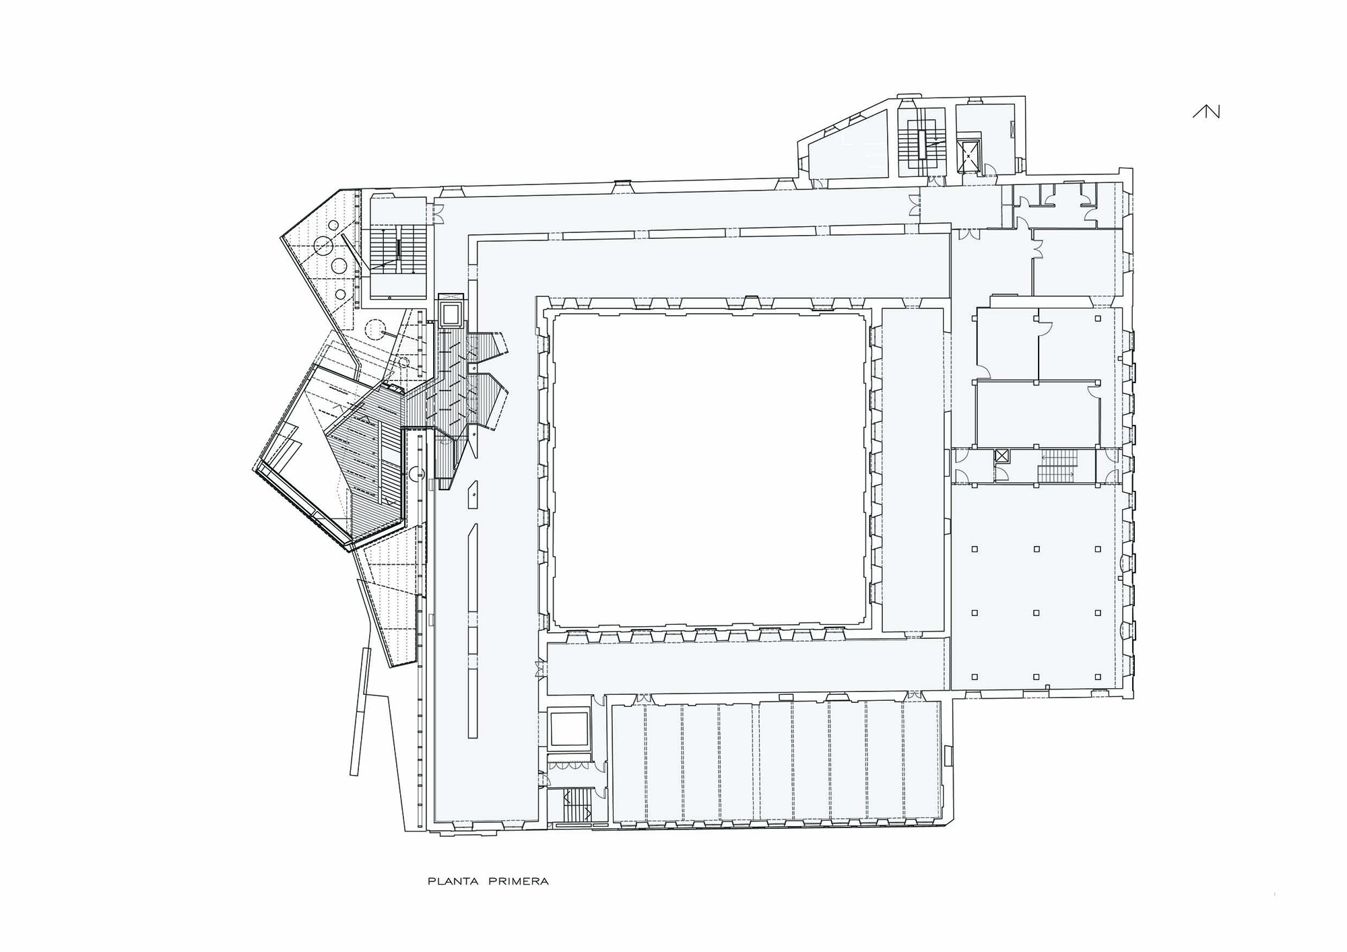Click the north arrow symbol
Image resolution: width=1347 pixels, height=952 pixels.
pos(1206,112)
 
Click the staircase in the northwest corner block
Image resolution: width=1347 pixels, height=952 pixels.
pos(399,250)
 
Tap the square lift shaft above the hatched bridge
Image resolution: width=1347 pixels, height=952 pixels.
pos(450,312)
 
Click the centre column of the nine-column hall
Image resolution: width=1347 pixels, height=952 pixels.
pos(1037,613)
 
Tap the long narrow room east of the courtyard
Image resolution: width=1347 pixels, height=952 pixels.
pos(913,470)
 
